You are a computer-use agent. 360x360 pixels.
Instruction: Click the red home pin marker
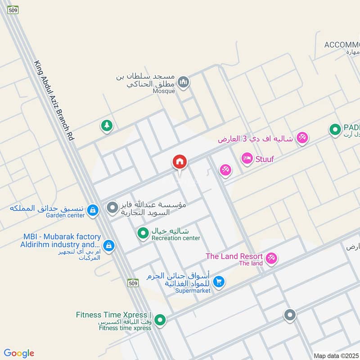coord(180,162)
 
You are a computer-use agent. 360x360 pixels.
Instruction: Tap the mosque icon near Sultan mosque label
coord(183,82)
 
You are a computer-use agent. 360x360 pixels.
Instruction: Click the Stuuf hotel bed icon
coord(247,158)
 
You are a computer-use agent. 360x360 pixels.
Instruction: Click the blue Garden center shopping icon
coord(93,209)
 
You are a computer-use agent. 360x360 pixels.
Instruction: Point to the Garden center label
coord(65,216)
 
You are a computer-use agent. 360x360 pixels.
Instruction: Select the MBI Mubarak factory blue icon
coord(108,246)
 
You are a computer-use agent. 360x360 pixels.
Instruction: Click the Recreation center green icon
coord(143,233)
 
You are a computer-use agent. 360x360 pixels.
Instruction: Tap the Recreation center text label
coord(175,238)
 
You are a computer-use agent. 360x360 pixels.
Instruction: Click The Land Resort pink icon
coord(271,258)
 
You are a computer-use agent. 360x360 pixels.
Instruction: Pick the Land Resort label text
coord(234,256)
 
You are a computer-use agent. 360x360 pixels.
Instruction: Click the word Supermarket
coord(193,291)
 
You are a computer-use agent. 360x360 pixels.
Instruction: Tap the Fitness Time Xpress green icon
coord(160,320)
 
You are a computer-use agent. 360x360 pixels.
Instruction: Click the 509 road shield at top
coord(13,9)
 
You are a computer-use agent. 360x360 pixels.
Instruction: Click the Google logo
coord(19,353)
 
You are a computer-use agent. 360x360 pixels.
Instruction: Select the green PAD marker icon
coord(335,130)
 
